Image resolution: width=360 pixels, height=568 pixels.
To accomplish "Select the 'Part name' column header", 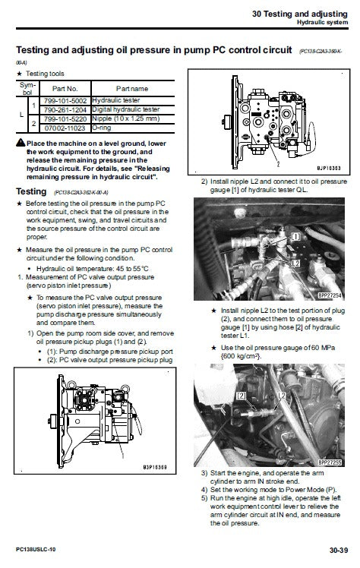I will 131,87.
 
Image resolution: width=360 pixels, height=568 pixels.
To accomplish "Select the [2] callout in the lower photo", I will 242,396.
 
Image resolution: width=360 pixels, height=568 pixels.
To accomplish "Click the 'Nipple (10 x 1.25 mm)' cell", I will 127,119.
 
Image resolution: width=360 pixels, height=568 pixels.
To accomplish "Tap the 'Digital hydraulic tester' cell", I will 126,109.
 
